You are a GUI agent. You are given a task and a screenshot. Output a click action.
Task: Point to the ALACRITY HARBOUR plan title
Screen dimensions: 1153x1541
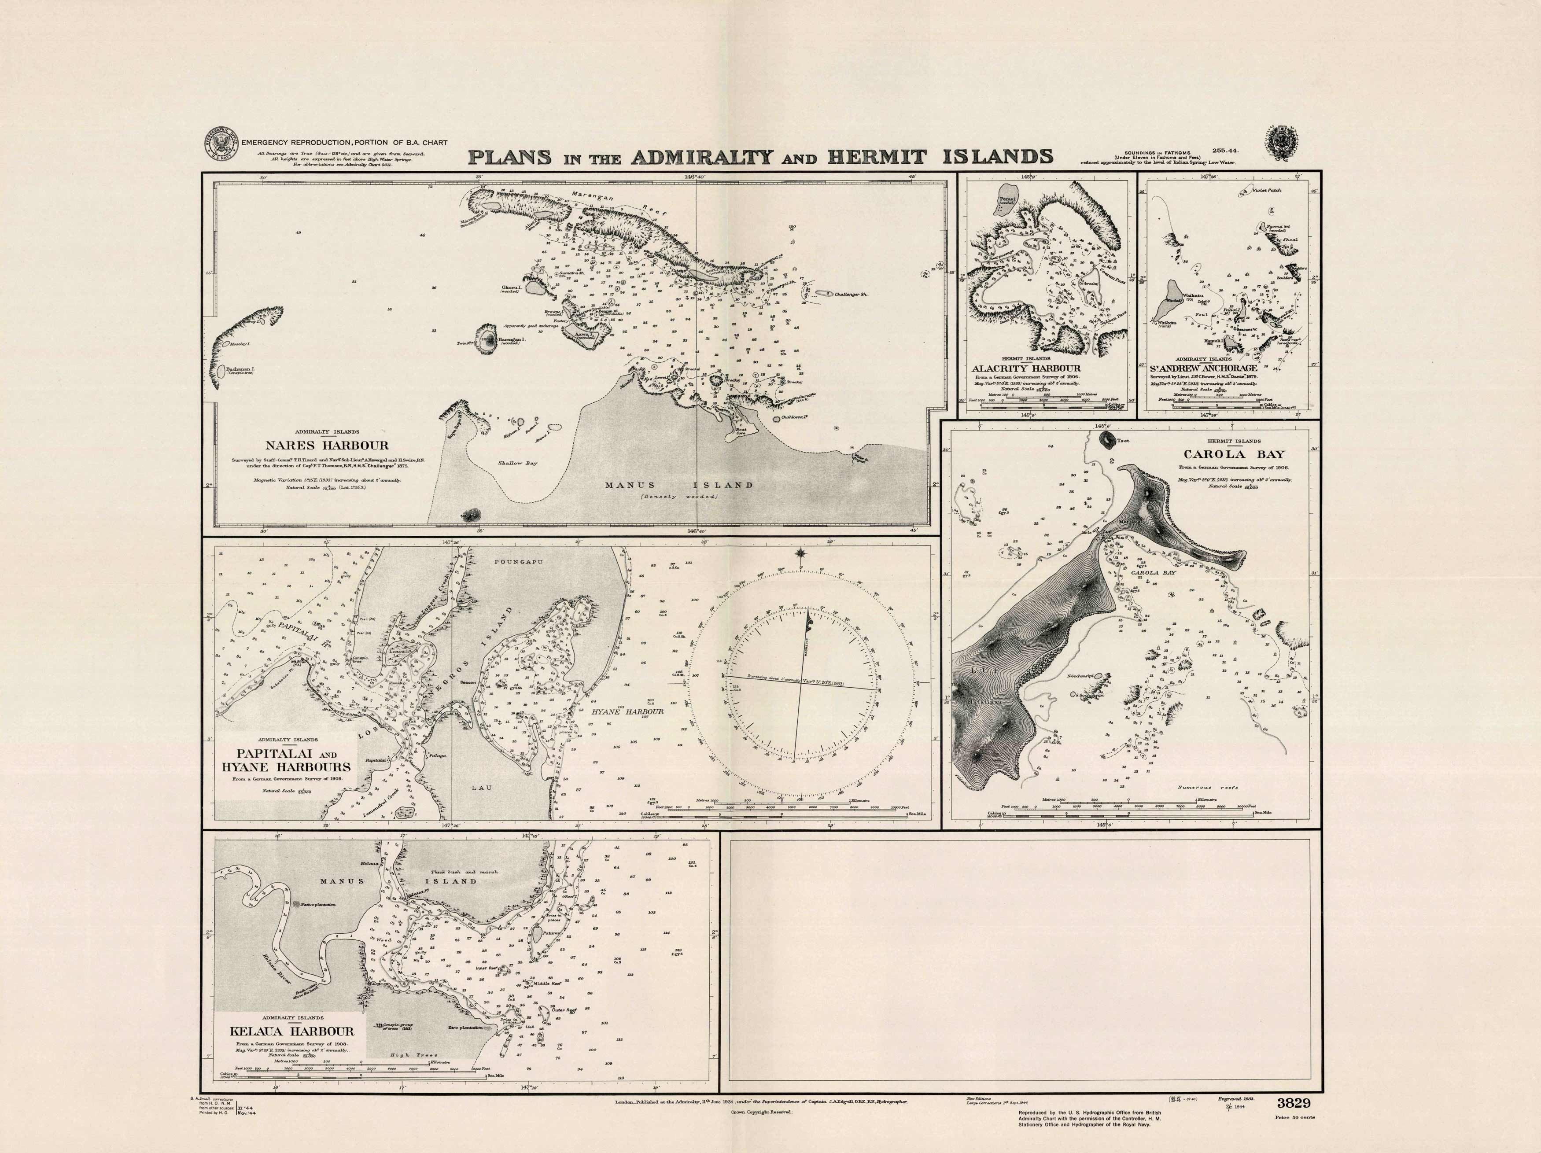pyautogui.click(x=1026, y=368)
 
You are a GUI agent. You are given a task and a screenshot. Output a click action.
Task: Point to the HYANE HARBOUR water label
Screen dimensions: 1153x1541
pyautogui.click(x=627, y=712)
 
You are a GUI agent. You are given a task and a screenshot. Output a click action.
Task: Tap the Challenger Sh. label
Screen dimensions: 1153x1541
pyautogui.click(x=852, y=294)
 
